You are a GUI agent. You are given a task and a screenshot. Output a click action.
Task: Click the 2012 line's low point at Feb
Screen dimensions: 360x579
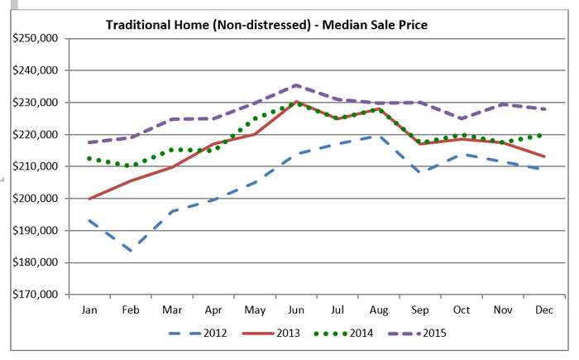tap(131, 251)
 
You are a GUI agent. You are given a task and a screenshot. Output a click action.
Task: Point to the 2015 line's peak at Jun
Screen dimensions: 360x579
tap(295, 85)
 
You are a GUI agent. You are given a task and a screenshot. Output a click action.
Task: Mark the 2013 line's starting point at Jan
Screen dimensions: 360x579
tap(89, 199)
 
